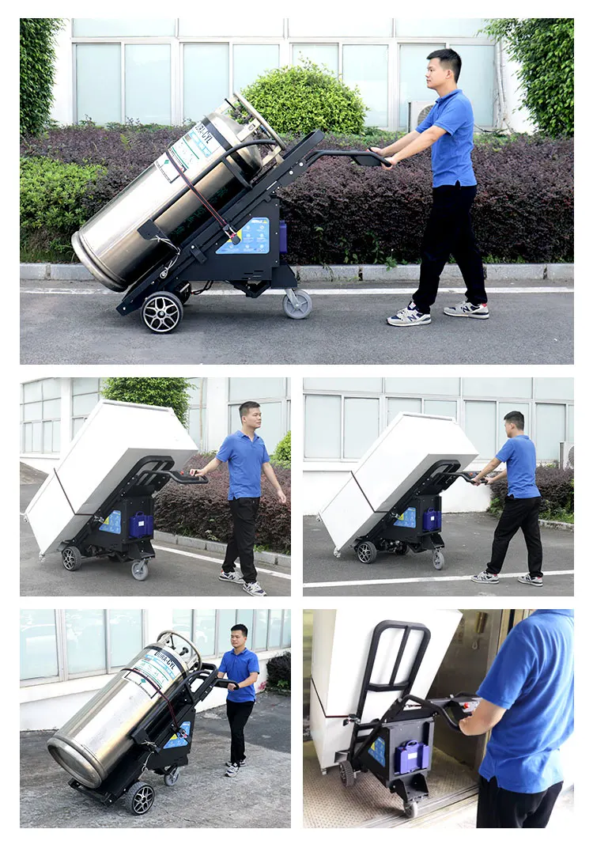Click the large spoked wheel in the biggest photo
pos(162,312)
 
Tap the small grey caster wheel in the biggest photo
pos(297,305)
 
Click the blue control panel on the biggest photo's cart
pos(244,236)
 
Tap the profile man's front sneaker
pos(409,317)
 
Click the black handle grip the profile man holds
pos(370,159)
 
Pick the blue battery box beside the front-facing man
pos(141,525)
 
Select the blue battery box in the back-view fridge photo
pos(432,519)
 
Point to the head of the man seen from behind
pos(515,422)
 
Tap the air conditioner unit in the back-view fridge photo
pos(566,455)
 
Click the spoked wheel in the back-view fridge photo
pos(366,551)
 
